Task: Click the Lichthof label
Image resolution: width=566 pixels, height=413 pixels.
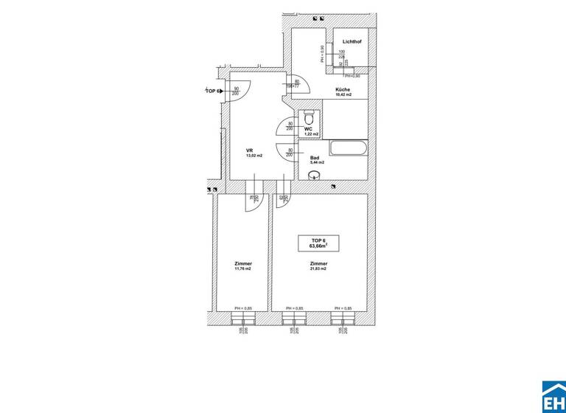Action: pyautogui.click(x=351, y=42)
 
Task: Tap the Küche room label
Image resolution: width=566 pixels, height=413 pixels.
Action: pyautogui.click(x=343, y=89)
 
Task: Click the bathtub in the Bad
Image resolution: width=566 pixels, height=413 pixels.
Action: pyautogui.click(x=349, y=148)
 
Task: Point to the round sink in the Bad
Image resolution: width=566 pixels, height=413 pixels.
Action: pyautogui.click(x=315, y=176)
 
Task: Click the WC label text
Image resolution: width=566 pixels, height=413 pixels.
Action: pyautogui.click(x=308, y=128)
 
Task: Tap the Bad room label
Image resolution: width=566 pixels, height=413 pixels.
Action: pyautogui.click(x=314, y=159)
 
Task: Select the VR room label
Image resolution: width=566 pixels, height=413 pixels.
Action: pyautogui.click(x=250, y=150)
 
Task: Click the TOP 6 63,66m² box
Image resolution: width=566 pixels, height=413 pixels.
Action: pyautogui.click(x=318, y=244)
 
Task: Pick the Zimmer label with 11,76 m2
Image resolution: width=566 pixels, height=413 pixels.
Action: pyautogui.click(x=242, y=264)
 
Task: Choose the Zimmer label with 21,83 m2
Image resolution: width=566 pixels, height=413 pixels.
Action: pyautogui.click(x=318, y=264)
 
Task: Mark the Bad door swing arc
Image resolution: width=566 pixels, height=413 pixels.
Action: pyautogui.click(x=286, y=153)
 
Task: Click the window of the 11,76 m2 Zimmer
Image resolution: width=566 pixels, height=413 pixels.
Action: pyautogui.click(x=242, y=319)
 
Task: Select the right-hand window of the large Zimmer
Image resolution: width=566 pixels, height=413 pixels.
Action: pyautogui.click(x=343, y=319)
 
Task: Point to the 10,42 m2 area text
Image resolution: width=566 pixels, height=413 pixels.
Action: pyautogui.click(x=343, y=95)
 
